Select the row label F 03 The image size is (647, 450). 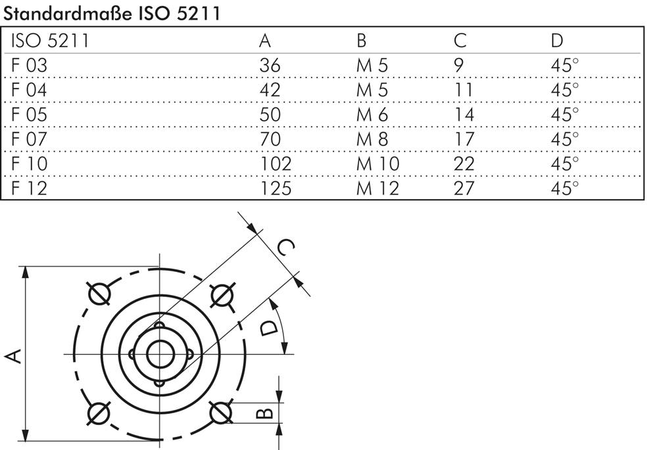pyautogui.click(x=30, y=66)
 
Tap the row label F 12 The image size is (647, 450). pyautogui.click(x=30, y=188)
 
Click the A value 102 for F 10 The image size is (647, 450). pyautogui.click(x=275, y=164)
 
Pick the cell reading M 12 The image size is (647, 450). pyautogui.click(x=377, y=188)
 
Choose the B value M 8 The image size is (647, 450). pyautogui.click(x=372, y=139)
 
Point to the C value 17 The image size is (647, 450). pyautogui.click(x=464, y=139)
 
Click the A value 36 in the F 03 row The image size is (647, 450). pyautogui.click(x=270, y=66)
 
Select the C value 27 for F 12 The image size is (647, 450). pyautogui.click(x=464, y=188)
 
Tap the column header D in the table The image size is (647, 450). pyautogui.click(x=557, y=41)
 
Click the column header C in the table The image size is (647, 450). pyautogui.click(x=460, y=41)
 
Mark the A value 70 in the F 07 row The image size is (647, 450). pyautogui.click(x=270, y=139)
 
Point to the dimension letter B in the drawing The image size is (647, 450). pyautogui.click(x=263, y=413)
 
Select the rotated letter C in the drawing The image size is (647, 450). pyautogui.click(x=284, y=248)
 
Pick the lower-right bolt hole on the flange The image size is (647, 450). pyautogui.click(x=220, y=413)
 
